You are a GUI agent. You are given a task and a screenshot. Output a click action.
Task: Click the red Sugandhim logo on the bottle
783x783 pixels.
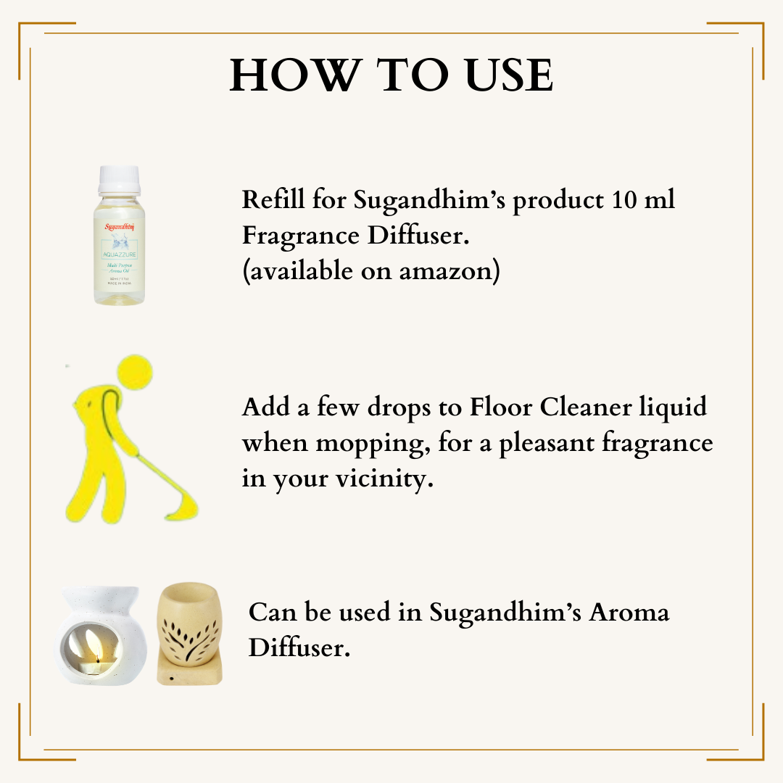click(118, 226)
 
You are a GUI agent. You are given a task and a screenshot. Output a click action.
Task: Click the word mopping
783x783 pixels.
click(370, 444)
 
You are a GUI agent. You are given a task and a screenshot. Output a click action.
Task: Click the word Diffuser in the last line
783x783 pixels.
click(299, 647)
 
